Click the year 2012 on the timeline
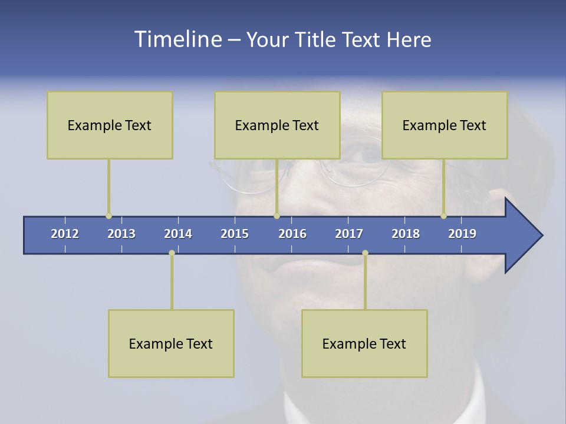pyautogui.click(x=65, y=234)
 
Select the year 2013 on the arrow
pyautogui.click(x=121, y=234)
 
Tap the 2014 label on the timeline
pyautogui.click(x=178, y=234)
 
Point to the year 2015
pyautogui.click(x=235, y=234)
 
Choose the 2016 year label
pyautogui.click(x=292, y=234)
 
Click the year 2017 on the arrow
pyautogui.click(x=349, y=234)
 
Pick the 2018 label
pyautogui.click(x=406, y=234)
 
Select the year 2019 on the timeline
pyautogui.click(x=462, y=234)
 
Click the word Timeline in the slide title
pyautogui.click(x=177, y=39)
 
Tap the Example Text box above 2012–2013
pyautogui.click(x=110, y=125)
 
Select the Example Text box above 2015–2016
pyautogui.click(x=277, y=125)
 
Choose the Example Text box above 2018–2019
pyautogui.click(x=445, y=125)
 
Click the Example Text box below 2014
pyautogui.click(x=171, y=343)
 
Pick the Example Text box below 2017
pyautogui.click(x=364, y=343)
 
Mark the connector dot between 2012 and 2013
pyautogui.click(x=108, y=216)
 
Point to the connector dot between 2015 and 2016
pyautogui.click(x=277, y=216)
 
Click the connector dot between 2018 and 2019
pyautogui.click(x=443, y=216)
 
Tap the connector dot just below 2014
pyautogui.click(x=172, y=253)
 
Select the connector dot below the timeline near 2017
pyautogui.click(x=365, y=253)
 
